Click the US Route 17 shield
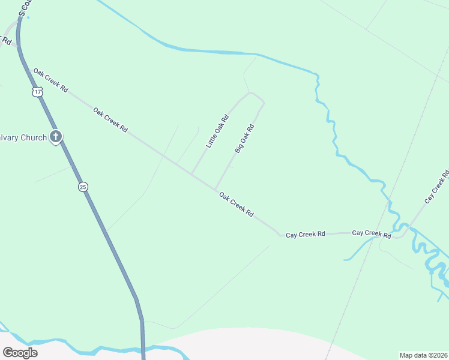[38, 92]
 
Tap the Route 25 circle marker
[83, 187]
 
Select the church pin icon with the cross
[56, 137]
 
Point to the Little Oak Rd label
[217, 131]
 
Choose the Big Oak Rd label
[245, 139]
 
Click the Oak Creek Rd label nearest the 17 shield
[50, 80]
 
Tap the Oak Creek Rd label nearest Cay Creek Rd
[236, 205]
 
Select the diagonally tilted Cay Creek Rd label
[437, 186]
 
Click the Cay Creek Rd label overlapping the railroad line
[372, 233]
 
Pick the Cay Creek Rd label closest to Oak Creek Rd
[305, 234]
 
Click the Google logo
[20, 353]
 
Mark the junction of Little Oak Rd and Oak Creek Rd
[191, 174]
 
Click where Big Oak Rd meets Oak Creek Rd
[215, 189]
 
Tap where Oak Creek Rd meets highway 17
[28, 70]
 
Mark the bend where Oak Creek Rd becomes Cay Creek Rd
[279, 235]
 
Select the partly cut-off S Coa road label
[23, 7]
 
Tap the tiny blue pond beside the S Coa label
[28, 17]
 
